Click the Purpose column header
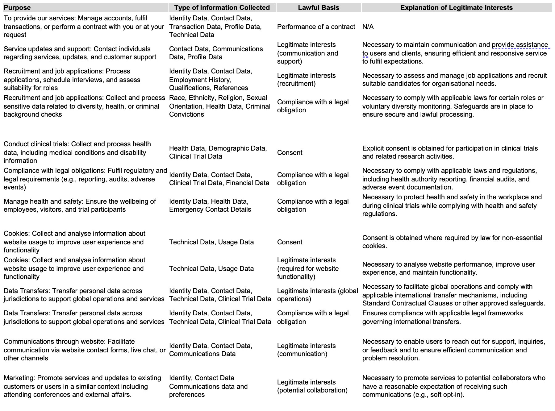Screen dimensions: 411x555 tap(17, 8)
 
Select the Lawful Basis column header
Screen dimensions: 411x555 tap(318, 8)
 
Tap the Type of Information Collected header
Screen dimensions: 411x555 tap(222, 8)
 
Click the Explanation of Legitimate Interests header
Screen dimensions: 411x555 tap(456, 8)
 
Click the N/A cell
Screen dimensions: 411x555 tap(368, 27)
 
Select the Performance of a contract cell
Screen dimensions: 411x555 tap(316, 27)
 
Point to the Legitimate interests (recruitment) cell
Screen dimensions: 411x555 tap(306, 80)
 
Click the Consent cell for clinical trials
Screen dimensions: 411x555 tap(290, 153)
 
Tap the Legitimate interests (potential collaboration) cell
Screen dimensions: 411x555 tap(312, 386)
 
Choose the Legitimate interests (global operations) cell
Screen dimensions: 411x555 tap(317, 295)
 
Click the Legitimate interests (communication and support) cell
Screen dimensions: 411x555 tap(307, 53)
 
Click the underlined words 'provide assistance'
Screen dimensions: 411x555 tap(520, 45)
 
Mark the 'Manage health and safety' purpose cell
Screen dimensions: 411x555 tap(80, 205)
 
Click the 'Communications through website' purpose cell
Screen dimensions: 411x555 tap(84, 350)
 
